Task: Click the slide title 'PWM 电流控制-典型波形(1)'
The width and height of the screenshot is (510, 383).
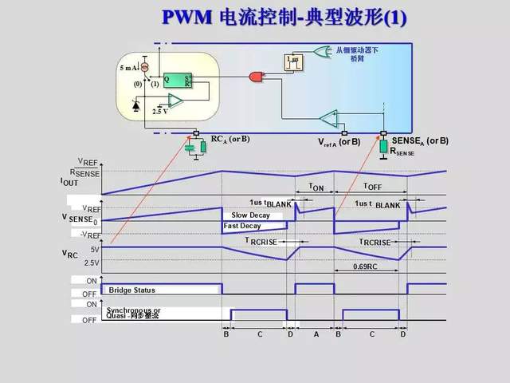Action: (x=284, y=18)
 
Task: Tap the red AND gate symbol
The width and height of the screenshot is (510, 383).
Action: (x=257, y=77)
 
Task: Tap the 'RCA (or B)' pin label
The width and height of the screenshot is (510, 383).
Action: (x=230, y=140)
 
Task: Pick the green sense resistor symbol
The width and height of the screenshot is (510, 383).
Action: (x=383, y=147)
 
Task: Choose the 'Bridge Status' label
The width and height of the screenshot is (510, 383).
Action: (x=132, y=290)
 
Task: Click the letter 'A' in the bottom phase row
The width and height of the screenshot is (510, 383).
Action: (x=316, y=334)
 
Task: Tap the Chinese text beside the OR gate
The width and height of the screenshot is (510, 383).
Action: (x=356, y=53)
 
